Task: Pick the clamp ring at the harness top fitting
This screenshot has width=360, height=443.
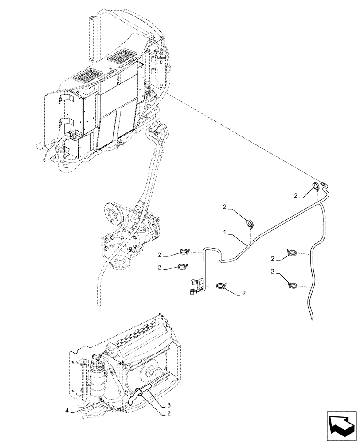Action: point(316,186)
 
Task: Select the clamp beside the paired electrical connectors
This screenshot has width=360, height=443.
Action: point(220,287)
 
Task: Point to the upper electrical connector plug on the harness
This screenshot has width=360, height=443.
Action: point(194,281)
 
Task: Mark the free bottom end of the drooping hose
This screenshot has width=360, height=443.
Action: point(313,316)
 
